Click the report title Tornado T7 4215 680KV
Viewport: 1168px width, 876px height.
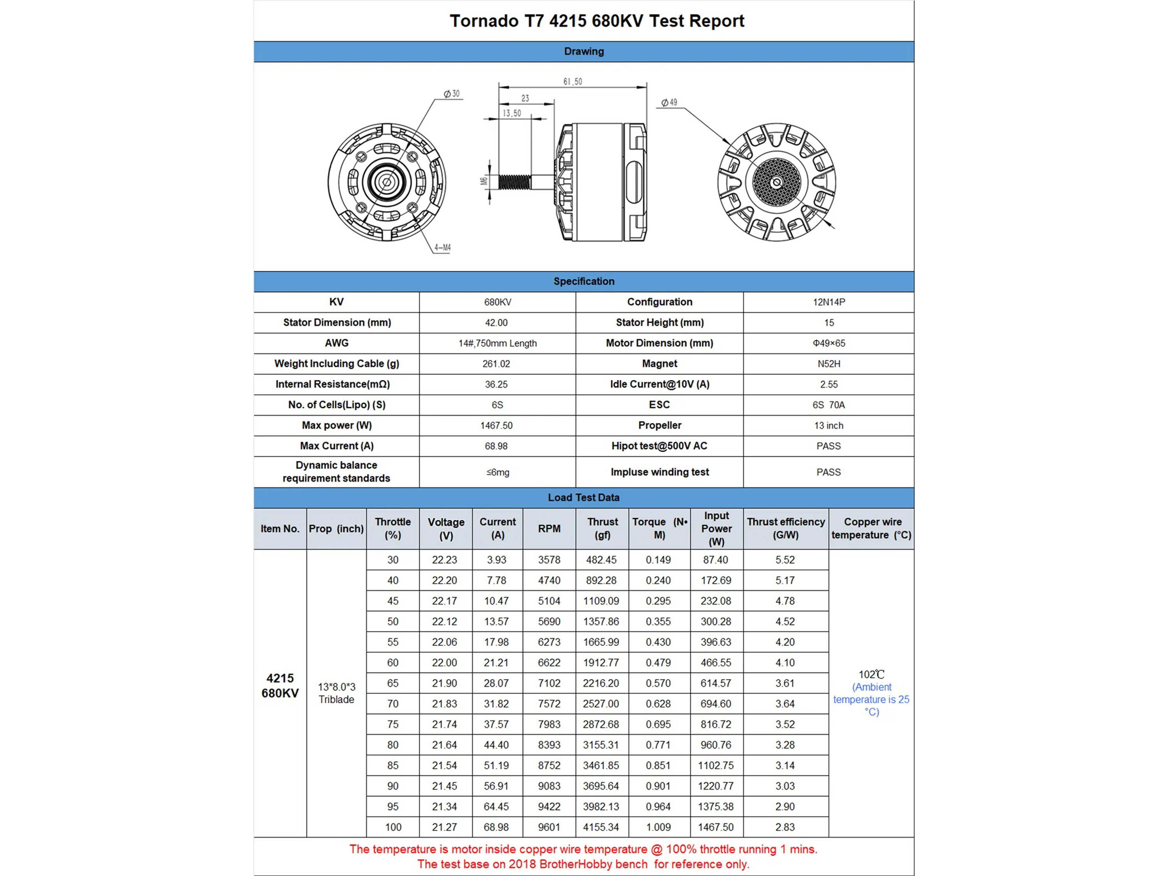597,21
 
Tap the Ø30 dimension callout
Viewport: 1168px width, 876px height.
452,94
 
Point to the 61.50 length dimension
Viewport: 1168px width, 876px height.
572,81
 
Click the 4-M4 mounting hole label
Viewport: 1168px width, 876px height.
443,247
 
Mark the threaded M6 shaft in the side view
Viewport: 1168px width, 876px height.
514,182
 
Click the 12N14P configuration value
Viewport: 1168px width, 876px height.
829,302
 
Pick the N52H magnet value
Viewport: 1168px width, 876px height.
829,364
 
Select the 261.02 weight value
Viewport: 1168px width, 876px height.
496,364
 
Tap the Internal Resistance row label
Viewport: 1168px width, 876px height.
336,384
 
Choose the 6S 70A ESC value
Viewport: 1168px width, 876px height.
829,405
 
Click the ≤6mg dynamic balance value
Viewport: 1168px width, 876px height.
498,472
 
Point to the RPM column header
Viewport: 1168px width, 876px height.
549,529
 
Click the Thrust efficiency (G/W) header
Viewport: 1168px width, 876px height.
786,529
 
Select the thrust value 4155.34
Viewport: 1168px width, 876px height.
601,827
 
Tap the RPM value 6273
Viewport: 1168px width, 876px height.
549,642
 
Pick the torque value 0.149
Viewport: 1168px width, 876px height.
658,560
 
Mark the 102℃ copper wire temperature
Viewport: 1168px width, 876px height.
871,675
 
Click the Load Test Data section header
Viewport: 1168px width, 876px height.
584,498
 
